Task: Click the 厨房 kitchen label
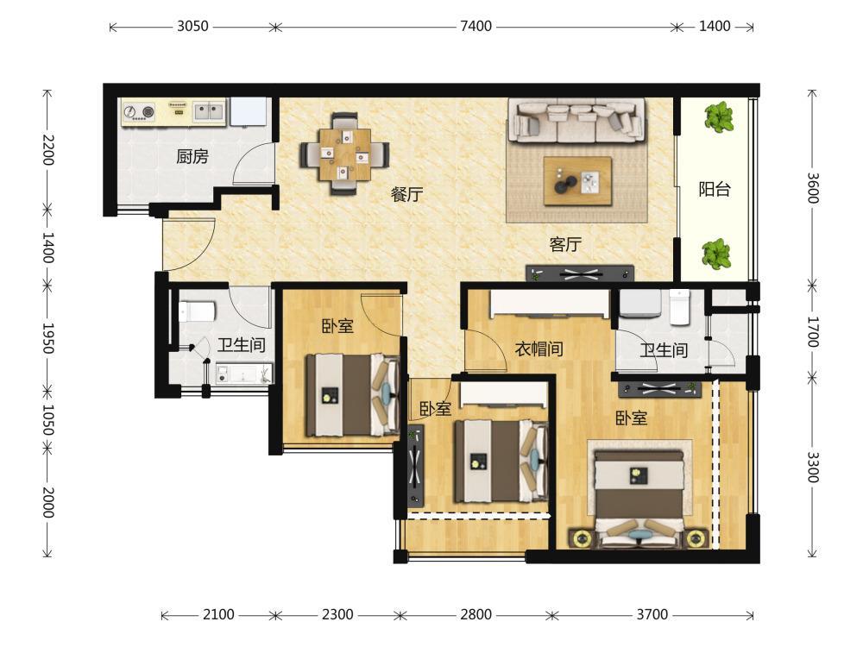[x=192, y=157]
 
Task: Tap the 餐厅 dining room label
[x=406, y=194]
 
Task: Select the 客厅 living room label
[x=565, y=244]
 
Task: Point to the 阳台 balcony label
[x=715, y=189]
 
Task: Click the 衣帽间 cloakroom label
[x=539, y=349]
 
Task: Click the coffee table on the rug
[x=578, y=181]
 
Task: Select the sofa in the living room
[x=576, y=121]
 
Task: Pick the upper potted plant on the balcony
[x=719, y=116]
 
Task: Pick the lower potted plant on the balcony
[x=716, y=254]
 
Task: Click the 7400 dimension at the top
[x=476, y=26]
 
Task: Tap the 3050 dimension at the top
[x=192, y=26]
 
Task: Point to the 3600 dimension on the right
[x=813, y=188]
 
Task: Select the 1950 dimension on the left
[x=48, y=338]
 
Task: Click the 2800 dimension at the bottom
[x=476, y=614]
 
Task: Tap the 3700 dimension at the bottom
[x=652, y=614]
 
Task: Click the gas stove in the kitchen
[x=139, y=112]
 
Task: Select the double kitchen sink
[x=208, y=111]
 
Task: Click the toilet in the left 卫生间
[x=196, y=311]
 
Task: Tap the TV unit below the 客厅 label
[x=580, y=273]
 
